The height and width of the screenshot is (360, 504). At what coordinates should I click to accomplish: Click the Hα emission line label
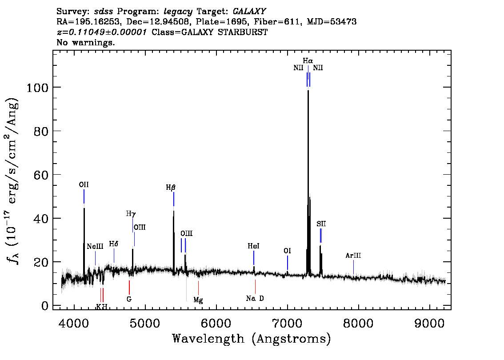308,61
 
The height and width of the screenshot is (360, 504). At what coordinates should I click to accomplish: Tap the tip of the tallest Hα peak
308,91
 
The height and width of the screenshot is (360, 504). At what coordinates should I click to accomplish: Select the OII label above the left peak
84,185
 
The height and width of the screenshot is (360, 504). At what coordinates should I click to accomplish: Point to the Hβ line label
171,188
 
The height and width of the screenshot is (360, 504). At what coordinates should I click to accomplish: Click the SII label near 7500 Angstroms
321,224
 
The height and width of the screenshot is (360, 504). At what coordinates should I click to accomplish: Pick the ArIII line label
353,256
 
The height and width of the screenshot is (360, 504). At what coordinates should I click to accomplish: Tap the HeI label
254,246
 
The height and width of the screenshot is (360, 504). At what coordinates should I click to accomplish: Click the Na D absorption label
255,298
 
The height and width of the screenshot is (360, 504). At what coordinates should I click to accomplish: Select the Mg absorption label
198,300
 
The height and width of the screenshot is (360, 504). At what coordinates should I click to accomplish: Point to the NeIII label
95,247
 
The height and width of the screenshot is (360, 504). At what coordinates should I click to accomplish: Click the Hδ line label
113,244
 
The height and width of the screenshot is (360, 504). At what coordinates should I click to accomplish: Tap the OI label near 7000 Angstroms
288,251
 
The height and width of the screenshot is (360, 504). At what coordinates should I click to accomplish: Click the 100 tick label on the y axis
37,88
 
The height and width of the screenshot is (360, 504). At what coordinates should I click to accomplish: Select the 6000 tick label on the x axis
216,323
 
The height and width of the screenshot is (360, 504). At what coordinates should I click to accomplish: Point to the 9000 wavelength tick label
429,323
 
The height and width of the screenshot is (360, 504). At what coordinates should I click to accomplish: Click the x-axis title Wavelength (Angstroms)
252,339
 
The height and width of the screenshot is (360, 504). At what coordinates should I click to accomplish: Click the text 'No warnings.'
86,42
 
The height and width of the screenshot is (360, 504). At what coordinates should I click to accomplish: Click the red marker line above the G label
129,288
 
